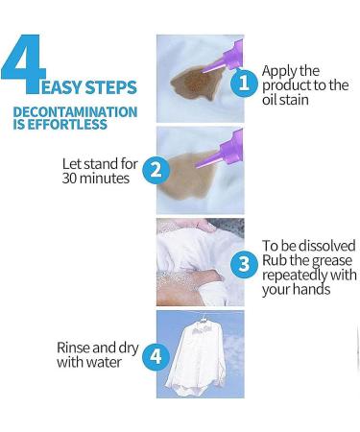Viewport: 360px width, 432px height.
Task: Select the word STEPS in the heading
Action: coord(118,88)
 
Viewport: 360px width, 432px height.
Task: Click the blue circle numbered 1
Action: coord(244,84)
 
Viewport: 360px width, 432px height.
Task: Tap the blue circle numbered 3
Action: coord(245,263)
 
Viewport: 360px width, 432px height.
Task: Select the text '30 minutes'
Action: coord(95,179)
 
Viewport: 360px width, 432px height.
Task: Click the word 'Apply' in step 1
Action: coord(279,70)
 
